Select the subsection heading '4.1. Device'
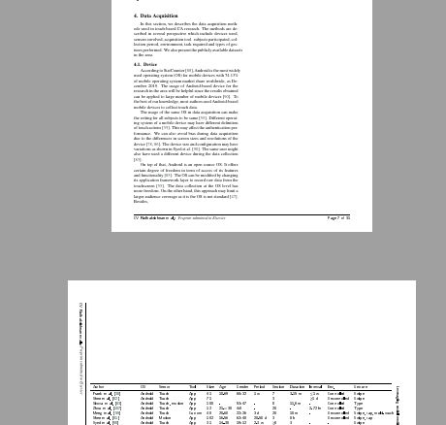pyautogui.click(x=144, y=65)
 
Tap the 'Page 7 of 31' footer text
pyautogui.click(x=338, y=218)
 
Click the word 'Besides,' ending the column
pyautogui.click(x=142, y=202)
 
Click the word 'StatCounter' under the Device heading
pyautogui.click(x=175, y=70)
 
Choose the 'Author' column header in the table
pyautogui.click(x=98, y=387)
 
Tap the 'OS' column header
pyautogui.click(x=143, y=387)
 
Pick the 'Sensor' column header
pyautogui.click(x=165, y=387)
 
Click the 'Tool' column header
pyautogui.click(x=193, y=387)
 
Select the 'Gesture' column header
pyautogui.click(x=361, y=387)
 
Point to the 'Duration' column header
pyautogui.click(x=297, y=387)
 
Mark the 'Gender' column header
pyautogui.click(x=242, y=387)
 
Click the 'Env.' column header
pyautogui.click(x=332, y=387)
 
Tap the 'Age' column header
pyautogui.click(x=222, y=387)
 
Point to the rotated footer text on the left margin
pyautogui.click(x=82, y=340)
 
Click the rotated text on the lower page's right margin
pyautogui.click(x=398, y=403)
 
